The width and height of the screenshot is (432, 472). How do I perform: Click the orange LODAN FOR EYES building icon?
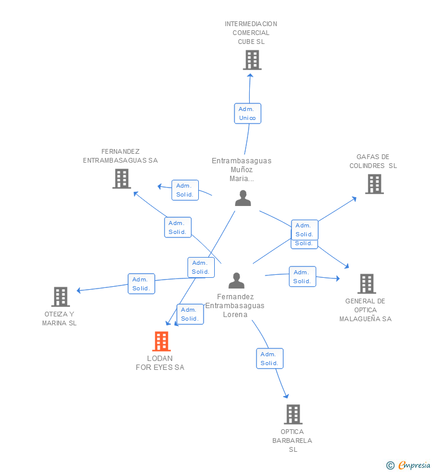pyautogui.click(x=161, y=341)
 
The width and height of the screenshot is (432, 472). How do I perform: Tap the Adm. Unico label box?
pyautogui.click(x=247, y=113)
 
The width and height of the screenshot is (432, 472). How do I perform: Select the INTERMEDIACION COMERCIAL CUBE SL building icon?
pyautogui.click(x=252, y=60)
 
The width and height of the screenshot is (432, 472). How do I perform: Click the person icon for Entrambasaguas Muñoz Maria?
pyautogui.click(x=243, y=198)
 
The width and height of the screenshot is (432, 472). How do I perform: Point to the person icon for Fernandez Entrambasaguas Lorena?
pyautogui.click(x=236, y=281)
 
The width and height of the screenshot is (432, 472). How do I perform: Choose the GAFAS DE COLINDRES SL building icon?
pyautogui.click(x=374, y=184)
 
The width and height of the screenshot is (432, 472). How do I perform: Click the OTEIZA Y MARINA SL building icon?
pyautogui.click(x=61, y=297)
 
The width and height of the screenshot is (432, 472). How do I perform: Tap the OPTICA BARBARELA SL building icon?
pyautogui.click(x=293, y=414)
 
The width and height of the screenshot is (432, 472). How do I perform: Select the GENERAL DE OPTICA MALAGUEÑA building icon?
pyautogui.click(x=367, y=284)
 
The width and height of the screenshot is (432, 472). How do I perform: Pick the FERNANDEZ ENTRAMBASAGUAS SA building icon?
pyautogui.click(x=122, y=179)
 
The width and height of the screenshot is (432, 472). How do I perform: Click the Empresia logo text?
pyautogui.click(x=414, y=465)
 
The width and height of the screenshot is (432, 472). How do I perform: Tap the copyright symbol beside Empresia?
pyautogui.click(x=390, y=465)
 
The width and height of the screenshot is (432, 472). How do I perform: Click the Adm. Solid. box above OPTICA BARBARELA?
pyautogui.click(x=270, y=359)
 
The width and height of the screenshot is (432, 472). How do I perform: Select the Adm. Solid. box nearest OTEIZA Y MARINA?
pyautogui.click(x=141, y=284)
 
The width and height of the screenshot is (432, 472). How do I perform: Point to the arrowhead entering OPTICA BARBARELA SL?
pyautogui.click(x=287, y=396)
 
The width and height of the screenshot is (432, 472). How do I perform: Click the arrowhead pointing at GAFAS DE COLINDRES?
pyautogui.click(x=354, y=199)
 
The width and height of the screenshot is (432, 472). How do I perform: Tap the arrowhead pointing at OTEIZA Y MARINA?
pyautogui.click(x=78, y=290)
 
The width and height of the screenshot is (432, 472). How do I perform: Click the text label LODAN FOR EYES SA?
pyautogui.click(x=160, y=363)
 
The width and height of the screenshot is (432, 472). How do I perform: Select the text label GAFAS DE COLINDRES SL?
pyautogui.click(x=373, y=161)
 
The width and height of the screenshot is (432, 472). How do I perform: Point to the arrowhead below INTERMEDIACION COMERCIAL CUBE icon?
pyautogui.click(x=250, y=75)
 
